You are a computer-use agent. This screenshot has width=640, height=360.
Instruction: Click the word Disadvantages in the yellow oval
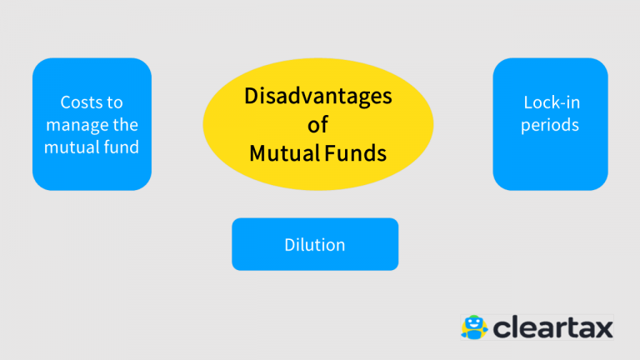[318, 97]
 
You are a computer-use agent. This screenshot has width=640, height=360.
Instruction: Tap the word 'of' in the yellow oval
[318, 124]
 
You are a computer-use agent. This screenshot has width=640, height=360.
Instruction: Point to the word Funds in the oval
[356, 153]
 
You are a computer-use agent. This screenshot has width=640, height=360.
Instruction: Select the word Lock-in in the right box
[552, 102]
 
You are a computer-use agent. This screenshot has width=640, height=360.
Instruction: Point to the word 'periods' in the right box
[550, 125]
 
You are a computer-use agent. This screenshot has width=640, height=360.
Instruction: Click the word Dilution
[315, 244]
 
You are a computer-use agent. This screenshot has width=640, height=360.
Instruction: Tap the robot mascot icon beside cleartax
[474, 327]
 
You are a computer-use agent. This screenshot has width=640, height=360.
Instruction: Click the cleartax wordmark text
[553, 327]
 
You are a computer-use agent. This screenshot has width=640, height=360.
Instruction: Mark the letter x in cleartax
[602, 329]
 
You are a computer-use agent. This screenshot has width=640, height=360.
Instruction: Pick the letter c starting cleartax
[502, 329]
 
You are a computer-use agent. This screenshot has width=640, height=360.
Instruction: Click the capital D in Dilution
[290, 245]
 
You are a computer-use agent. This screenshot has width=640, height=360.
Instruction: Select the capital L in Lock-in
[528, 102]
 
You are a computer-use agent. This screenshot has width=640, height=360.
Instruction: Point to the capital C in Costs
[66, 102]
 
